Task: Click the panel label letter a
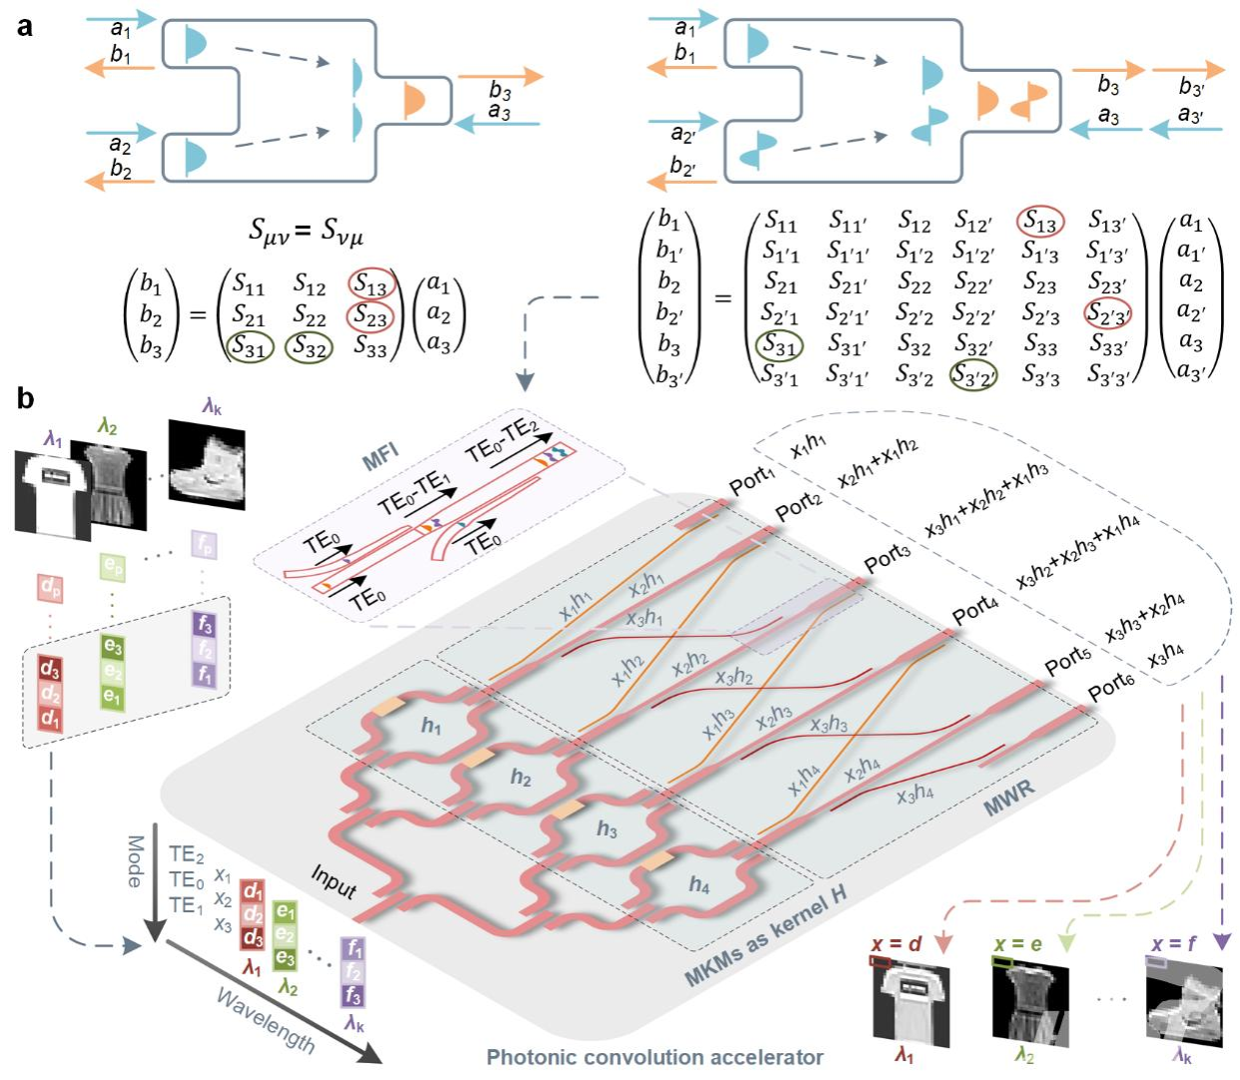tap(25, 27)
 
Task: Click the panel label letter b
tap(25, 399)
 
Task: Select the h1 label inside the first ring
tap(431, 726)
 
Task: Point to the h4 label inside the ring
tap(699, 884)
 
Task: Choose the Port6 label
tap(1111, 687)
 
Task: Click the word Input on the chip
tap(333, 881)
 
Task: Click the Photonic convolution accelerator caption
tap(655, 1057)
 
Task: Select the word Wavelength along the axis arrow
tap(266, 1021)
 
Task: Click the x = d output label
tap(896, 944)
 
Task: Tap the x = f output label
tap(1174, 944)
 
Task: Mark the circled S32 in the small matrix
tap(310, 347)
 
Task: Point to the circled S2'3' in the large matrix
tap(1107, 313)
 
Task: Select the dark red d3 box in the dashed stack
tap(50, 668)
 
